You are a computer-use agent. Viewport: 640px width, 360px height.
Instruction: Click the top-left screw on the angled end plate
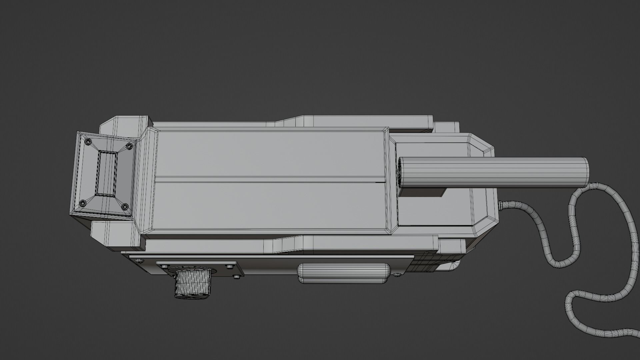(x=88, y=142)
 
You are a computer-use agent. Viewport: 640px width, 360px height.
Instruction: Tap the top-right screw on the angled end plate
(x=129, y=146)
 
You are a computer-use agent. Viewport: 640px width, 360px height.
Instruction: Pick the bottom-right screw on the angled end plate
(x=125, y=207)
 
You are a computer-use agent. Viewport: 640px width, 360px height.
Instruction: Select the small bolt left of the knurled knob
(x=165, y=266)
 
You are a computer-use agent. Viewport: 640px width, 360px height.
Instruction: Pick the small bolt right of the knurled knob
(x=229, y=266)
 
